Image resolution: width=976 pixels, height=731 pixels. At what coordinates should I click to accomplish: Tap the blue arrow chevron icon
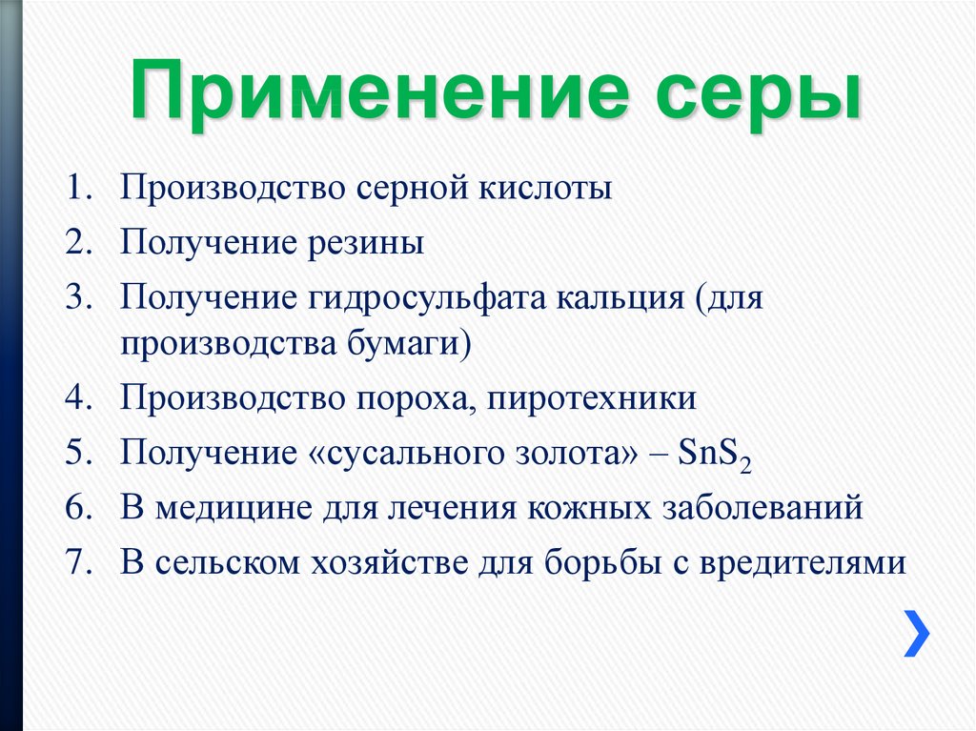click(916, 633)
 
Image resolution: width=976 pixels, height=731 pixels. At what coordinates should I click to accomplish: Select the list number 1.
click(79, 187)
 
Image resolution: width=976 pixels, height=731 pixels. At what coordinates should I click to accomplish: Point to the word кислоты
click(545, 187)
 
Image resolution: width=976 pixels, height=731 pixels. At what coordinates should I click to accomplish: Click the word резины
click(366, 244)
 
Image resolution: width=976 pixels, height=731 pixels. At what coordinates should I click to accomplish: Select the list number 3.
click(79, 297)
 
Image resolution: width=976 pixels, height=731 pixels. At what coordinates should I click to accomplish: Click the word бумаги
click(409, 345)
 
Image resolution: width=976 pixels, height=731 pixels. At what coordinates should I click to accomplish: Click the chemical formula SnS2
click(715, 454)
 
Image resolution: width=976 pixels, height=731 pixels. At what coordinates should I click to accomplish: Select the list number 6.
click(79, 507)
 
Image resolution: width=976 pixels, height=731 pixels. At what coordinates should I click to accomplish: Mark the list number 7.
click(79, 562)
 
